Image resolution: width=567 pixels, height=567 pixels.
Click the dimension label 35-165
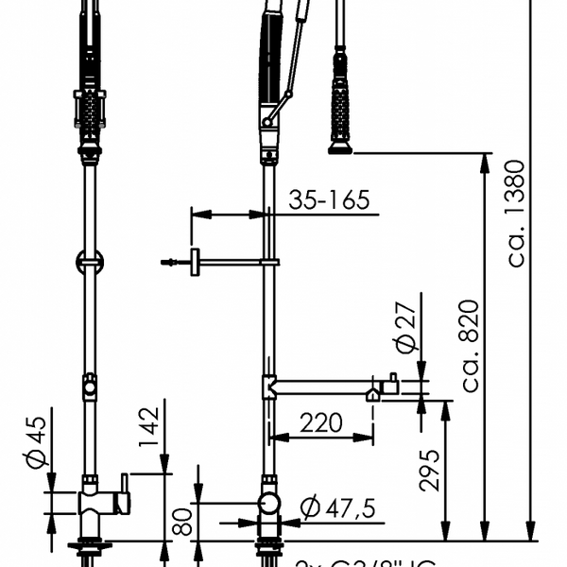[x=329, y=199]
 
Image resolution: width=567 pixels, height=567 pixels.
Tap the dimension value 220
[x=321, y=422]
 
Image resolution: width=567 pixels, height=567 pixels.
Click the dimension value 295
[x=430, y=470]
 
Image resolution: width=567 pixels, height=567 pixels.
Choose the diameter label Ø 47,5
[x=337, y=509]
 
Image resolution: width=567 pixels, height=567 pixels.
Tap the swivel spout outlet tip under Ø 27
[x=374, y=394]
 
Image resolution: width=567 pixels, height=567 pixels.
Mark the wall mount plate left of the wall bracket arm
[x=194, y=262]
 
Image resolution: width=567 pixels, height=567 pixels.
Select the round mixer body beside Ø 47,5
[x=270, y=502]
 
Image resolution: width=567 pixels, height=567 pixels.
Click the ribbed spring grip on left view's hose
[x=90, y=109]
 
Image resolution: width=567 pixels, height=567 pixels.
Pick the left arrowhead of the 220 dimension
[x=274, y=437]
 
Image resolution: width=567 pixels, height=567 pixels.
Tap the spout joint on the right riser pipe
[x=269, y=386]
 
